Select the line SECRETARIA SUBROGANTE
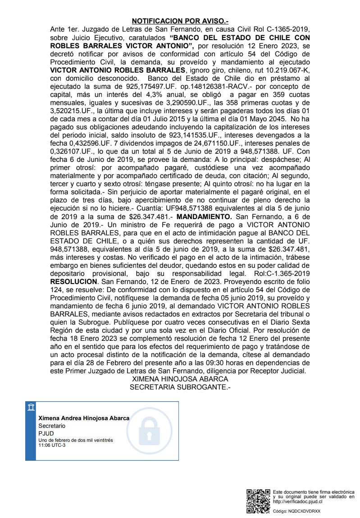click(x=180, y=386)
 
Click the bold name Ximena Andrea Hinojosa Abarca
click(x=84, y=418)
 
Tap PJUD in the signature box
click(x=46, y=433)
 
